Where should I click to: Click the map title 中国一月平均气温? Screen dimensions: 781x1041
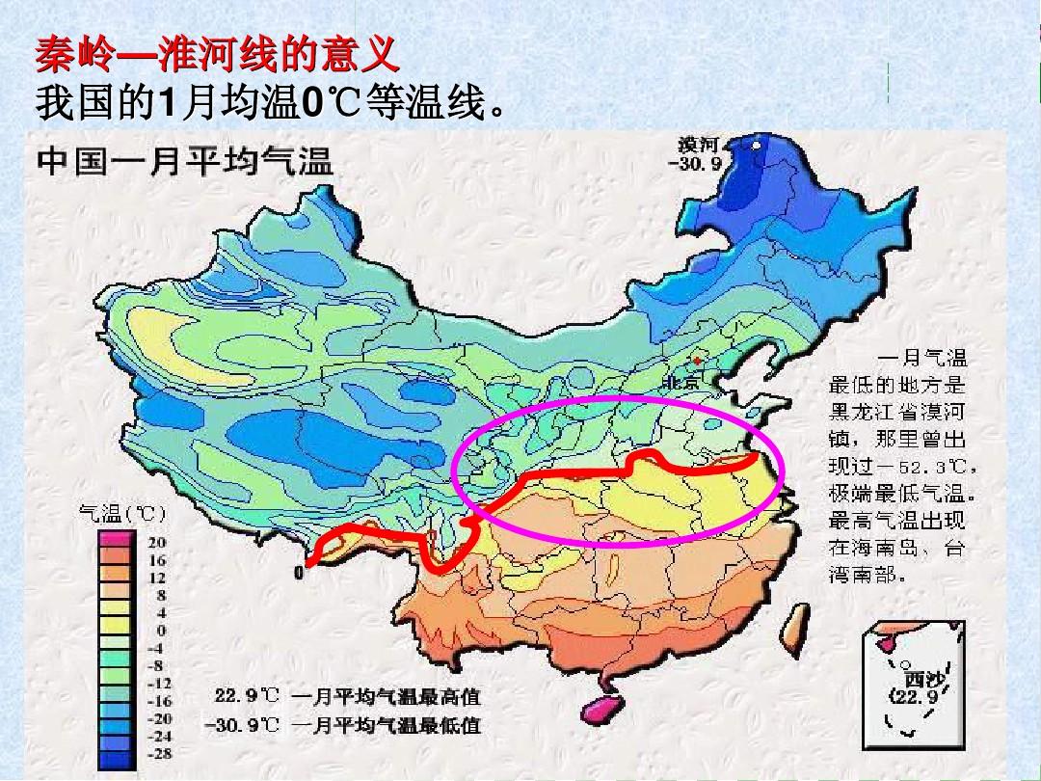185,162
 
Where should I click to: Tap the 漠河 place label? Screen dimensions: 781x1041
698,146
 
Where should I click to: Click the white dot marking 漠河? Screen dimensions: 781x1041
756,146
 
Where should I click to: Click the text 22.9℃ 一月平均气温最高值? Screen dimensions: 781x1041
346,696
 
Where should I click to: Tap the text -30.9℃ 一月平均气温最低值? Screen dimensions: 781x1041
343,724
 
